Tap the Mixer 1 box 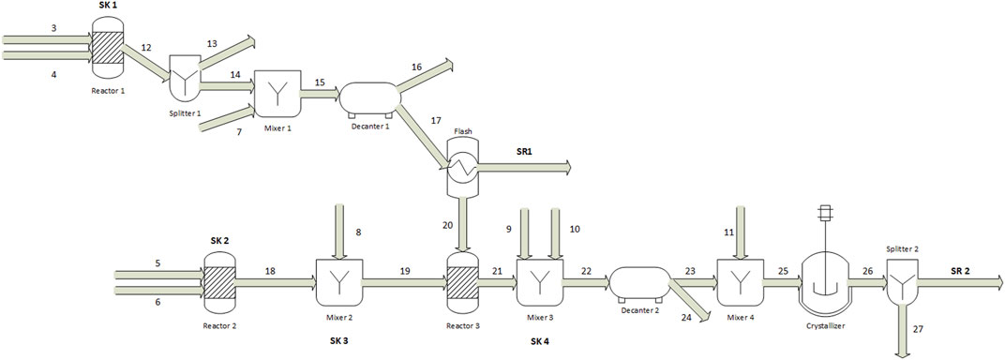277,93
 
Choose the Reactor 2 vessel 219,282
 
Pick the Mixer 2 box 339,282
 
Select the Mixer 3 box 540,282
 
